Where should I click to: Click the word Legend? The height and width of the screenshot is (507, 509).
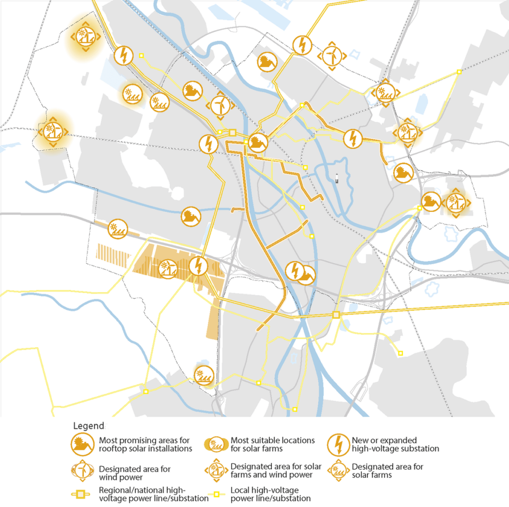88,426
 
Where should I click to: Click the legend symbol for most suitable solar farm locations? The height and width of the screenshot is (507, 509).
216,444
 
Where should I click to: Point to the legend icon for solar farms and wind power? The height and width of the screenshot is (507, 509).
216,471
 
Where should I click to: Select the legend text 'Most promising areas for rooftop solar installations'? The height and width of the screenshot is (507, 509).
145,444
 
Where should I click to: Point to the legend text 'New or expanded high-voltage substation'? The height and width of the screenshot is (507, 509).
395,444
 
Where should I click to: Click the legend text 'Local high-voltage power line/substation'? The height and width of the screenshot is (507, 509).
270,495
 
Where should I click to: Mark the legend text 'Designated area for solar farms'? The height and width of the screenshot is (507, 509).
387,471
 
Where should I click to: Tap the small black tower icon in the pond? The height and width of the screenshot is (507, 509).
337,178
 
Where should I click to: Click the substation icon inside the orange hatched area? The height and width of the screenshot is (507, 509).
199,266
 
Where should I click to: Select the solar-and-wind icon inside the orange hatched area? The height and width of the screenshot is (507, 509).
168,269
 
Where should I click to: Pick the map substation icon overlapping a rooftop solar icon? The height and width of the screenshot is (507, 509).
295,271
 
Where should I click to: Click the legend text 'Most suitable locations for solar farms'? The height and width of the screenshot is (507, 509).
272,444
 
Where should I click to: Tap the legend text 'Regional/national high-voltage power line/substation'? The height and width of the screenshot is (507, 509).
154,495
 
